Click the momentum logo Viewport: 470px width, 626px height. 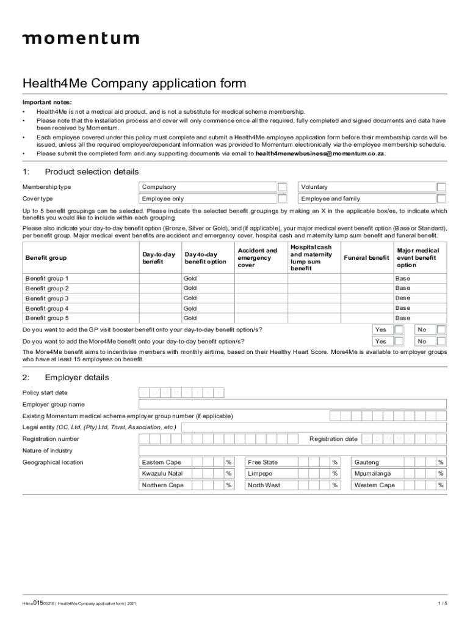81,39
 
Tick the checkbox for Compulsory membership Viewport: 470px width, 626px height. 282,187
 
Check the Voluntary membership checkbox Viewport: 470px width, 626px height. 441,187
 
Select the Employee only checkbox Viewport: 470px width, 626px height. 282,199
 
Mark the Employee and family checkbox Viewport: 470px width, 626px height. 441,199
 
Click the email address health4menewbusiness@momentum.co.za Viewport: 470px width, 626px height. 320,154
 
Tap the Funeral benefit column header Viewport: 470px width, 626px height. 366,258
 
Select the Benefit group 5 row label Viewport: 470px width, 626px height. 47,319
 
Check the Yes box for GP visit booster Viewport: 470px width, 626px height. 399,330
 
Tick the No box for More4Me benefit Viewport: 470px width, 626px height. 441,341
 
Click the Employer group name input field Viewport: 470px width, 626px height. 292,404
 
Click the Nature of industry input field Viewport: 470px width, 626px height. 292,451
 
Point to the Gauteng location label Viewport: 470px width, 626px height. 367,462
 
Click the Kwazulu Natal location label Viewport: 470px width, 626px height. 162,474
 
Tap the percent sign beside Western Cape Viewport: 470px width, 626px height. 441,485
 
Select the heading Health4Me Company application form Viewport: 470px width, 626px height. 134,83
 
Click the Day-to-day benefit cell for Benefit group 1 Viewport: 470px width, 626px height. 160,279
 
